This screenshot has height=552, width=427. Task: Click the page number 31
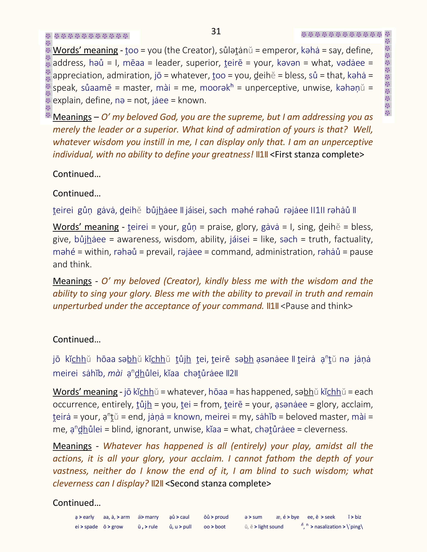pos(216,31)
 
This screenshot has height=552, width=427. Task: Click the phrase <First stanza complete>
pos(317,154)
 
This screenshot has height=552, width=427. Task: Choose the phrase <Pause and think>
pos(316,306)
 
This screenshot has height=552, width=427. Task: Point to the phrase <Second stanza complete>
pos(218,484)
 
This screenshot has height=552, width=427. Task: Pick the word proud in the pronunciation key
pos(221,517)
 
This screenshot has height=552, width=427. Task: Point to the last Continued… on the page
pos(77,503)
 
